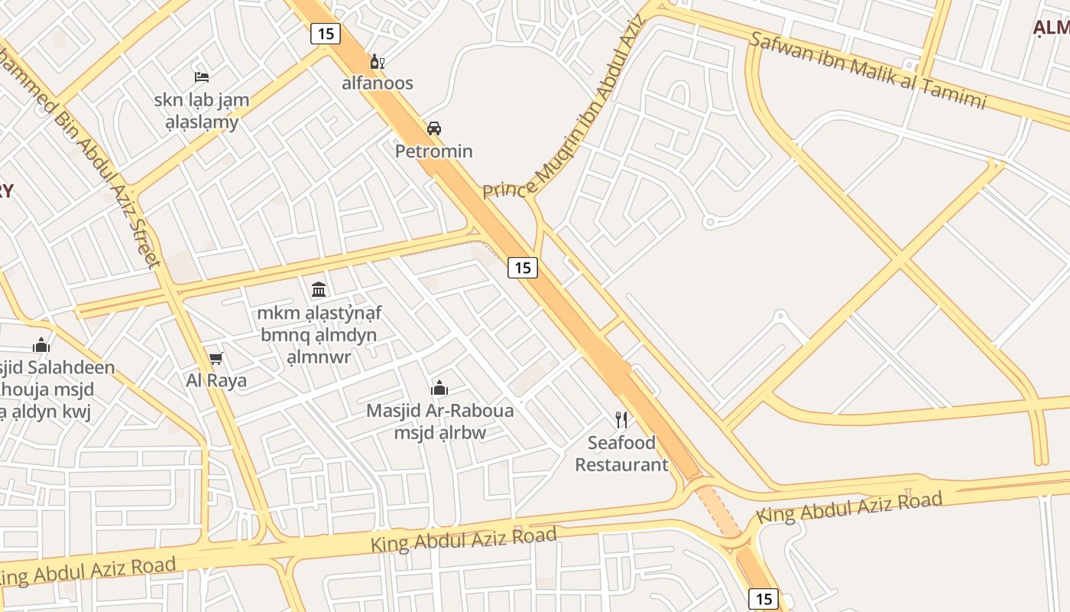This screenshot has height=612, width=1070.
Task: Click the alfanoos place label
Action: (377, 83)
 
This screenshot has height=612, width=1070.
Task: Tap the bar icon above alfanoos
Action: (377, 62)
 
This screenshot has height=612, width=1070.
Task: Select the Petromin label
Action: (433, 151)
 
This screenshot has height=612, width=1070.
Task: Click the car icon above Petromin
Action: (434, 128)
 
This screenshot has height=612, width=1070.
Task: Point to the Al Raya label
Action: (216, 380)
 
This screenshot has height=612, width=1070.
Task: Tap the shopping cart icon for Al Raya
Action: (216, 358)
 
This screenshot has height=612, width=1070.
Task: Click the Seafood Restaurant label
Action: (621, 453)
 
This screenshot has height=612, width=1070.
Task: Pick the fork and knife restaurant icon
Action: (621, 419)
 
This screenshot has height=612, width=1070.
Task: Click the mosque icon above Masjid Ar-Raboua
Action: (439, 388)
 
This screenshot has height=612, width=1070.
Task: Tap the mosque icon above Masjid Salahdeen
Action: (41, 345)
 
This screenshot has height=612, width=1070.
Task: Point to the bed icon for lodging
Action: (202, 76)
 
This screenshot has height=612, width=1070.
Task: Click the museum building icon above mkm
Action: (319, 289)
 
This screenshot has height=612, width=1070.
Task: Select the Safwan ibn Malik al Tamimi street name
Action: (867, 70)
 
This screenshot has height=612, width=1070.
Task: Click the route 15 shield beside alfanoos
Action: (325, 33)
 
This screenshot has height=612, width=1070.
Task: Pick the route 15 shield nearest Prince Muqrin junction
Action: (522, 267)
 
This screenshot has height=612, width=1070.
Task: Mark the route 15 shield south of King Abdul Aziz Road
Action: (763, 598)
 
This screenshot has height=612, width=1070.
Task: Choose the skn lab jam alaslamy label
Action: (202, 110)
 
